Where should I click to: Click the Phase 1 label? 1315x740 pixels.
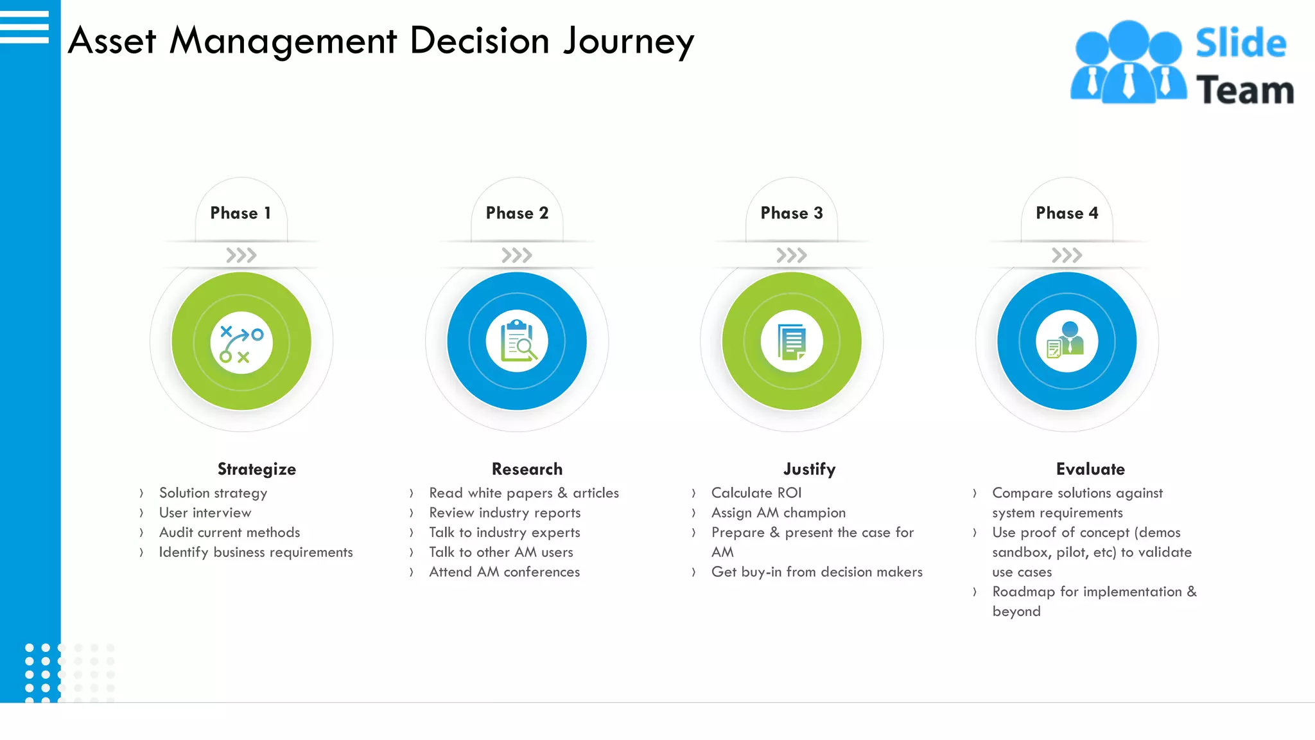coord(241,213)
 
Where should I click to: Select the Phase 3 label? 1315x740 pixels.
coord(791,213)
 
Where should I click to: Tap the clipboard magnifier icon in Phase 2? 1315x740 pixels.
coord(517,341)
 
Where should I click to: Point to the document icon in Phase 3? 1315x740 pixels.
coord(792,341)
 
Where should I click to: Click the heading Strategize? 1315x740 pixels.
coord(256,469)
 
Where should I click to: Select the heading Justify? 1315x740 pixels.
coord(809,469)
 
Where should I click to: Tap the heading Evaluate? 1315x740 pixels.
coord(1090,469)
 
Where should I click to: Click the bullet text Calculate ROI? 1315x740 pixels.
coord(756,493)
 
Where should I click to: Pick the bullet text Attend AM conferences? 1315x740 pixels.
coord(504,572)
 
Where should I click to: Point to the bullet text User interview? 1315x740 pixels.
coord(205,513)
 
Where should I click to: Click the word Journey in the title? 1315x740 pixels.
coord(629,41)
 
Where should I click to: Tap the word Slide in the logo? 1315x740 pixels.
coord(1241,43)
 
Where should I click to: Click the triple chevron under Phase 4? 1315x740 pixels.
coord(1067,256)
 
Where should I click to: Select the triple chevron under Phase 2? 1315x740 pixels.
coord(517,256)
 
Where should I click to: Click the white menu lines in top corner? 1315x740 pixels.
coord(24,27)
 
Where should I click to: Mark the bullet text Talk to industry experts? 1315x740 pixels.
coord(504,533)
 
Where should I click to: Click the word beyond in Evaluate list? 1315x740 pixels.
coord(1016,612)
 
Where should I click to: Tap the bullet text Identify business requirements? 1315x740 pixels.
coord(256,552)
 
